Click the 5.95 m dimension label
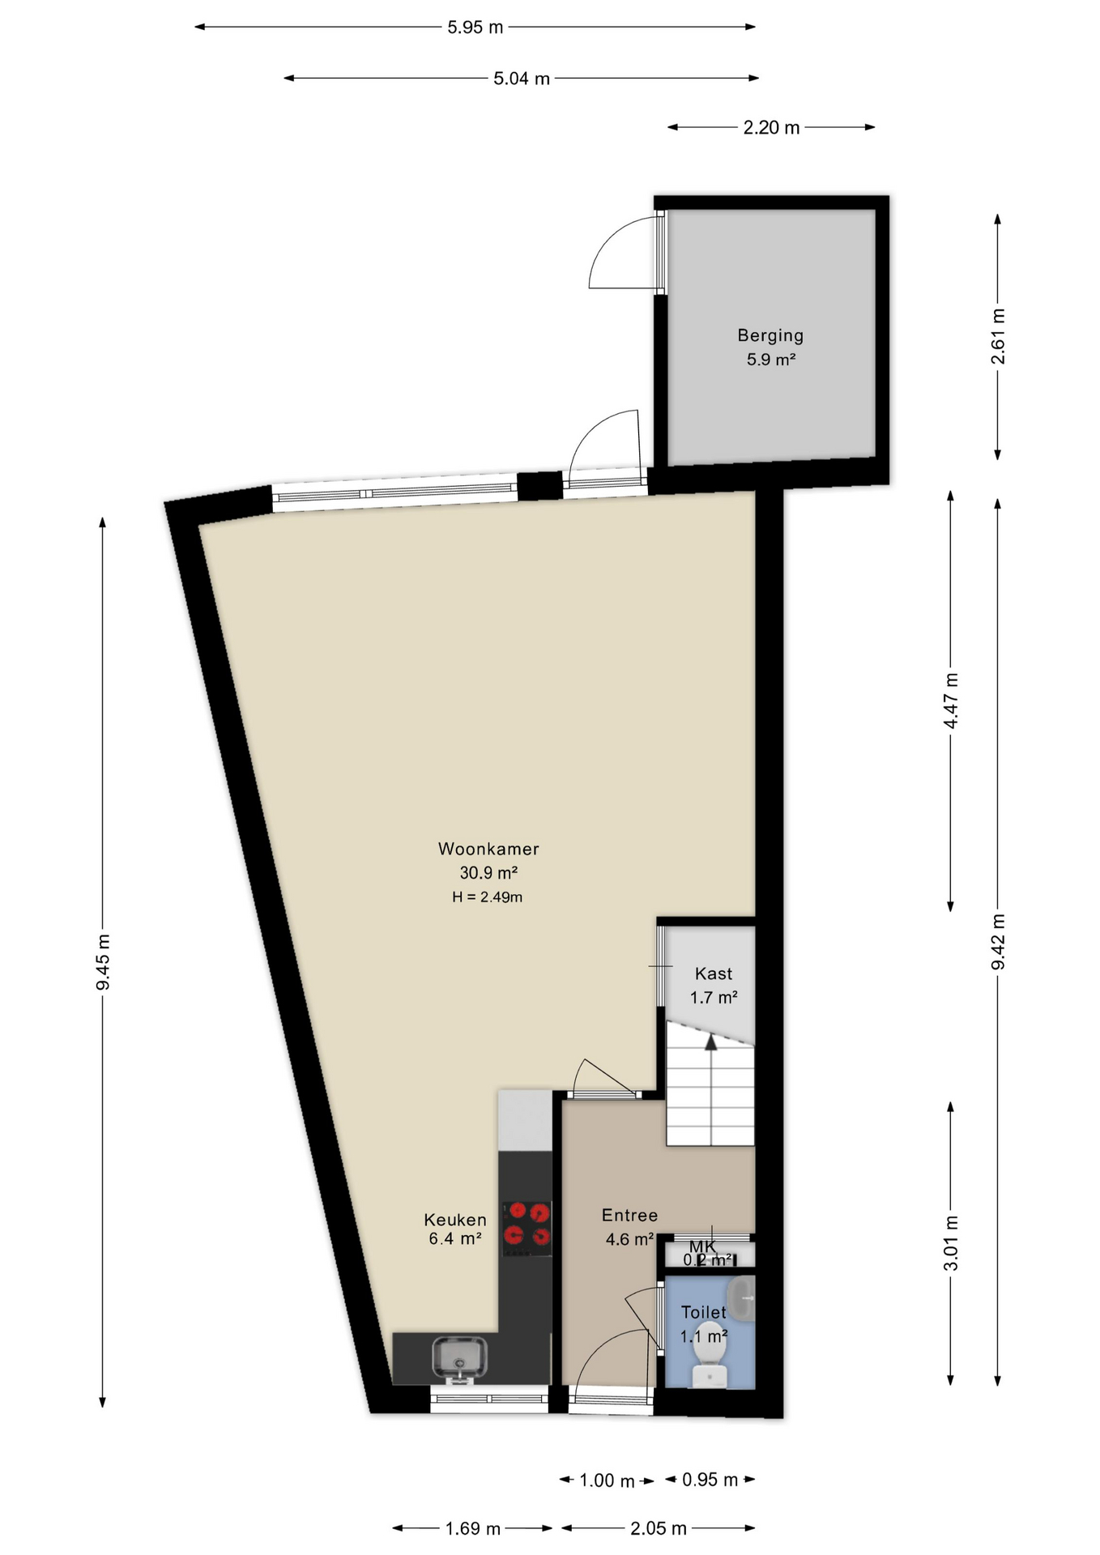[475, 28]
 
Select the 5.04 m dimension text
[521, 79]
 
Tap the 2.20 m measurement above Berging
[771, 127]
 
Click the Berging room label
[770, 335]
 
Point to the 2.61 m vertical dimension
[998, 336]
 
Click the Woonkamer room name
[488, 849]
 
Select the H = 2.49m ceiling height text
[487, 897]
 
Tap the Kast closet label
[713, 974]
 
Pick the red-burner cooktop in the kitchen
[527, 1225]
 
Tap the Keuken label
[455, 1220]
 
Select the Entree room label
[629, 1215]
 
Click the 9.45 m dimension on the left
[103, 961]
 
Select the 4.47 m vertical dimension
[951, 701]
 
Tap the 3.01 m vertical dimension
[951, 1243]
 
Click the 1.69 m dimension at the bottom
[472, 1528]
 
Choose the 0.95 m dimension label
[710, 1480]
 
